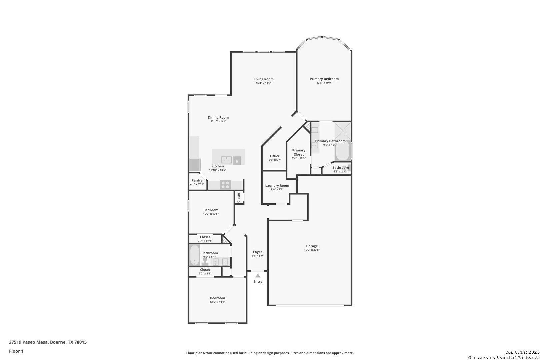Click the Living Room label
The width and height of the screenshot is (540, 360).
263,79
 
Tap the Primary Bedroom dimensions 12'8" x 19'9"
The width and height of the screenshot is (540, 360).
324,83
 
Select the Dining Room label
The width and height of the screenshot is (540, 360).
218,117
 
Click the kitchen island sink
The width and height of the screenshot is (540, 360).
226,160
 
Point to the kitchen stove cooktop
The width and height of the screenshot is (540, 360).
225,185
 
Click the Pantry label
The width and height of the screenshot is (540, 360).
197,180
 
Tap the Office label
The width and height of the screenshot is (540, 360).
275,156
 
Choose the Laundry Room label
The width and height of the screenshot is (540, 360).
277,185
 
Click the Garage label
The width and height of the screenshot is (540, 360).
312,246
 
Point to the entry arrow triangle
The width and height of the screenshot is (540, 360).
258,276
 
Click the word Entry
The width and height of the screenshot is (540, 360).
258,281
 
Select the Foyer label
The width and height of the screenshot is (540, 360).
257,252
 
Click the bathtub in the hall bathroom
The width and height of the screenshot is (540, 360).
195,255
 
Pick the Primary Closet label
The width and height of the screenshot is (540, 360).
299,152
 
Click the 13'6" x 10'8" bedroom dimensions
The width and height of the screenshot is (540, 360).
217,302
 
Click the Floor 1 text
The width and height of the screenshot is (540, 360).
16,351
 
